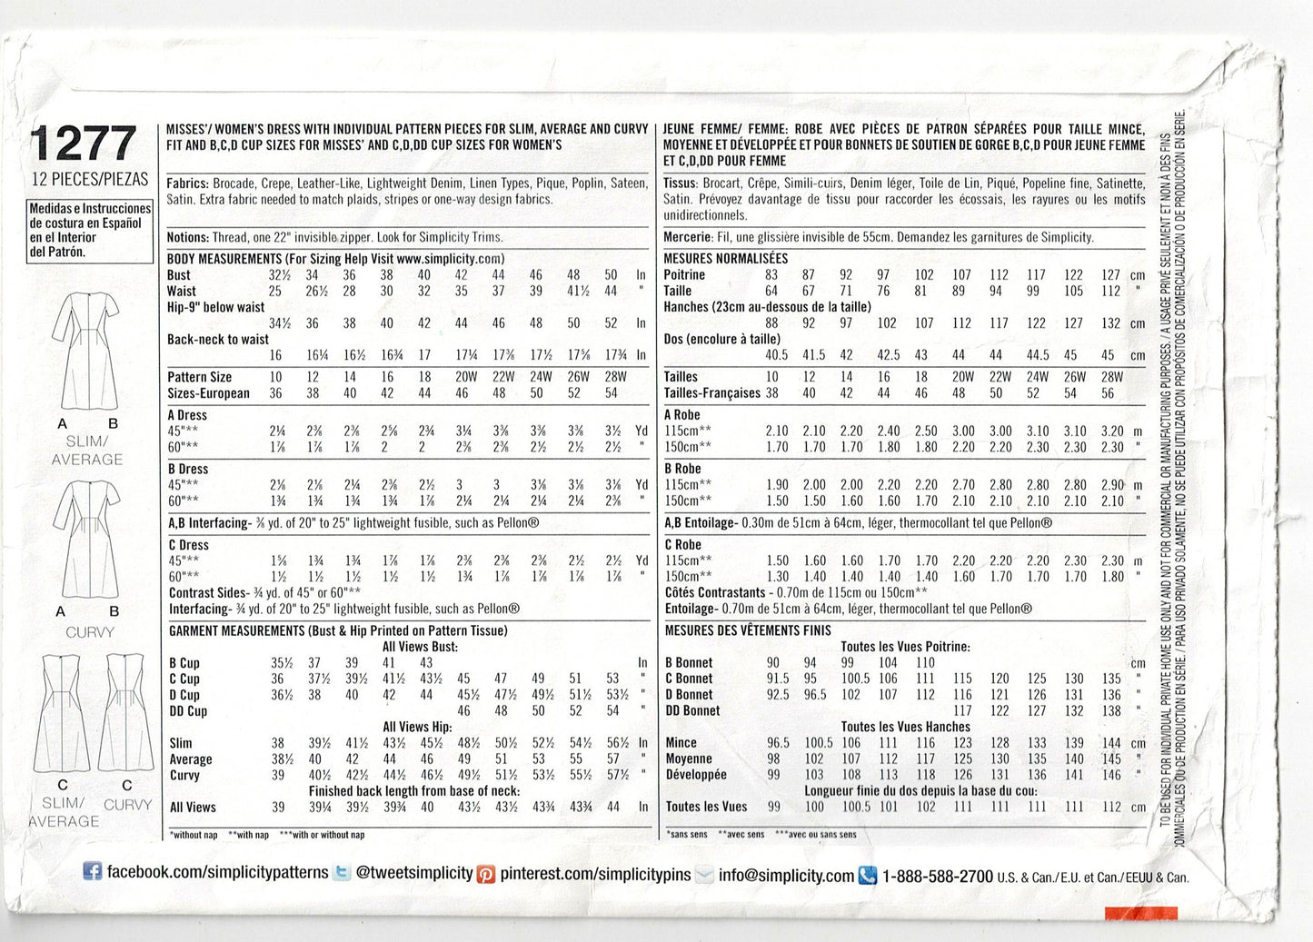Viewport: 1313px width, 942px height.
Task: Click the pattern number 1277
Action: point(83,144)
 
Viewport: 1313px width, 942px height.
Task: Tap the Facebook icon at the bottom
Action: point(92,872)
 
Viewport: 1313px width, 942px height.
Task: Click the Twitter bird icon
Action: point(342,873)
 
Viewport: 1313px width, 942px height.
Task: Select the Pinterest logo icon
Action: point(487,875)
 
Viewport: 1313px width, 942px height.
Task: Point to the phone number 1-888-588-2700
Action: point(937,877)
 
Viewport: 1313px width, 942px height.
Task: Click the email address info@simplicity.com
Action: point(786,876)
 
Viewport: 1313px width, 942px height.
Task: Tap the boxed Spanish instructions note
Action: point(90,230)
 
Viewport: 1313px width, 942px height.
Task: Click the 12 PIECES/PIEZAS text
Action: point(89,180)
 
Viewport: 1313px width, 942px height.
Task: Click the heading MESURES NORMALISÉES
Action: point(725,259)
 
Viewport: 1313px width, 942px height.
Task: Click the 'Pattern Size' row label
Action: point(199,377)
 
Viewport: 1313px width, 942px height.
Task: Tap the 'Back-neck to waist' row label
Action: point(218,339)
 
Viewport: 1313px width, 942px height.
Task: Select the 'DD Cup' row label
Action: point(188,711)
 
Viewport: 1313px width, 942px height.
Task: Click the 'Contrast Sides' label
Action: point(207,592)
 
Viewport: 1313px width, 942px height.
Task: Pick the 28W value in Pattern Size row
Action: point(615,377)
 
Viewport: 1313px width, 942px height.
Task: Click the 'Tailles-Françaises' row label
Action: point(711,393)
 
